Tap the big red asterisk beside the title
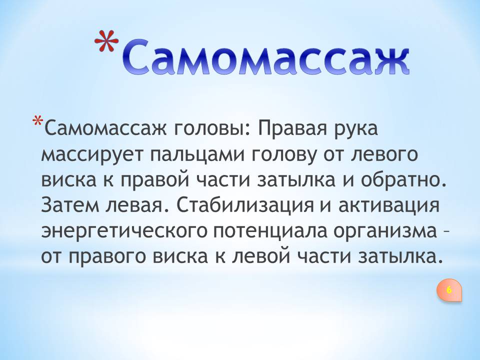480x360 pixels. (106, 42)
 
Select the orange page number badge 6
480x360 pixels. (449, 289)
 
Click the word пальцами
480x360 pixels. (198, 155)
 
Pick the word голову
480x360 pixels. (284, 155)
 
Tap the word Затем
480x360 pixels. (69, 205)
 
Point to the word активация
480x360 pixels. (389, 205)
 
